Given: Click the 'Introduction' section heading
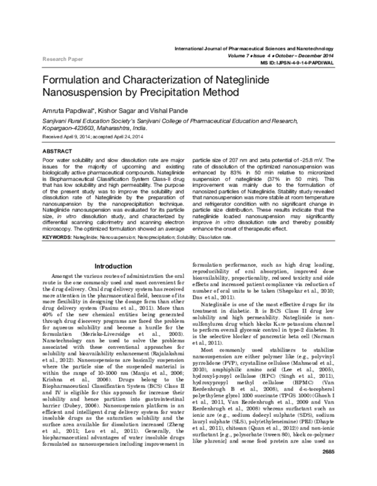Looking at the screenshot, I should click(x=112, y=267).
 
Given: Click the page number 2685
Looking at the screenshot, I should click(x=327, y=470).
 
